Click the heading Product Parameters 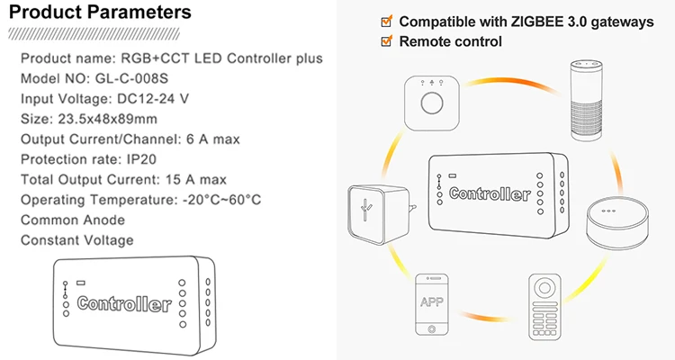[x=99, y=13]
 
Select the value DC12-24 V [x=166, y=98]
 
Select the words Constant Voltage [x=76, y=239]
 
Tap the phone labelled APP [x=433, y=302]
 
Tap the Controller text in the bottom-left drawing [x=124, y=303]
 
